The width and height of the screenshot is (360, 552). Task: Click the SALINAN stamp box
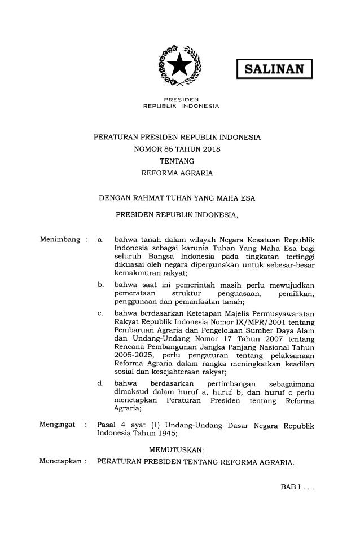(x=274, y=70)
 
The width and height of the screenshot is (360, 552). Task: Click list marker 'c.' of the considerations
(x=100, y=312)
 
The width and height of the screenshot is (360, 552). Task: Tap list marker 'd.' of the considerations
(x=100, y=384)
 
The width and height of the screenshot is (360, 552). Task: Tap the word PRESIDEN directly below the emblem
(x=181, y=99)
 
